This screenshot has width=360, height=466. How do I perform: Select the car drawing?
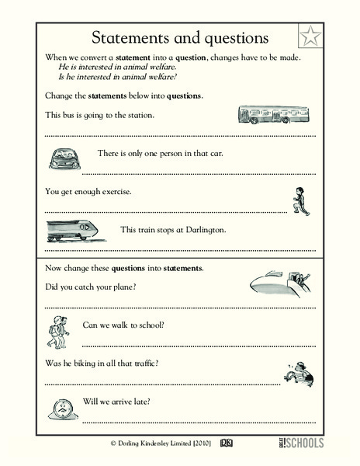(63, 159)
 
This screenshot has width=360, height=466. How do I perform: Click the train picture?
(71, 230)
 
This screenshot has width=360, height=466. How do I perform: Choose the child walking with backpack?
(57, 331)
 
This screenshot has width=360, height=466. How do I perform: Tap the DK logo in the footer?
(227, 443)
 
